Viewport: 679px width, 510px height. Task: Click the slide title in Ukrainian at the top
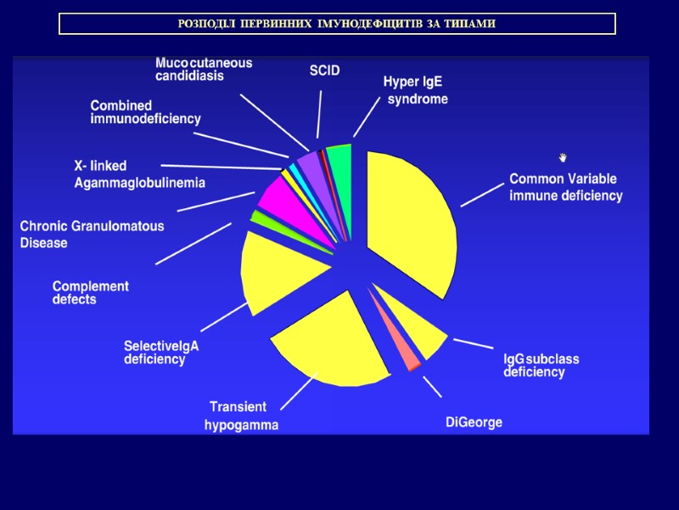click(337, 24)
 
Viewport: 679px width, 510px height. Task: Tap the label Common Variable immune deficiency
click(565, 187)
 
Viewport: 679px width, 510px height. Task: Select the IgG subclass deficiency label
click(541, 365)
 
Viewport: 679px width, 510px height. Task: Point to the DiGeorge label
click(474, 422)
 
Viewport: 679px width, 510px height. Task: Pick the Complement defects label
click(90, 292)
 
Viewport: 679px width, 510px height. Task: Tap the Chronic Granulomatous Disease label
click(92, 235)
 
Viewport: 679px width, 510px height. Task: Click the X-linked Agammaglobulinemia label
click(139, 173)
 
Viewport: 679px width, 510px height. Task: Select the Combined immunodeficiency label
click(145, 112)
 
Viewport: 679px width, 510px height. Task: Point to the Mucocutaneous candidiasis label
click(204, 69)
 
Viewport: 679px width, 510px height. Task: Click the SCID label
click(324, 71)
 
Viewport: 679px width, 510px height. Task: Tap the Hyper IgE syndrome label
click(415, 90)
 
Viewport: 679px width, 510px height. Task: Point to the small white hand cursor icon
click(562, 157)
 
